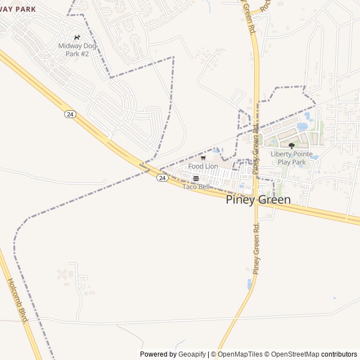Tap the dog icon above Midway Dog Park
point(77,38)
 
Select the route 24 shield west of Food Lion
point(162,178)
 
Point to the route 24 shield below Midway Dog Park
point(70,114)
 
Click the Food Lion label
point(203,166)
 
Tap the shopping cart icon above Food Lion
point(203,158)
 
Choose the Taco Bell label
point(196,186)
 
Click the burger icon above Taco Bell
point(196,178)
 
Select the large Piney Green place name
point(258,200)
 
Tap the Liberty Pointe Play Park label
point(291,157)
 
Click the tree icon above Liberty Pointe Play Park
point(291,146)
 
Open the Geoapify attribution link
point(192,354)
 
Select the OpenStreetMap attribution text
point(292,354)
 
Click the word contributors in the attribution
point(339,354)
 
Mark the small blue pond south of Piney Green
point(249,285)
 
